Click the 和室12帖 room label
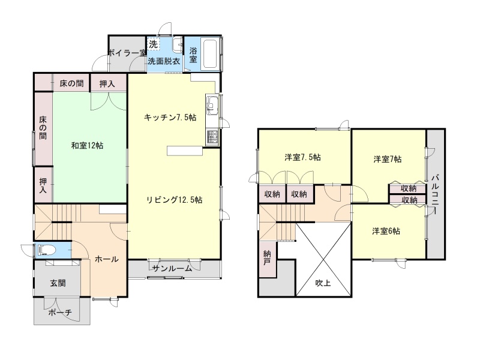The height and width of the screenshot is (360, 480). (x=87, y=145)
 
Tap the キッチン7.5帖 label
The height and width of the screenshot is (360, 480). (x=170, y=117)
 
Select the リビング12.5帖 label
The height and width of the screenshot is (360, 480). (x=174, y=200)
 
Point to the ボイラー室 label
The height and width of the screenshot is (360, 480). (x=127, y=53)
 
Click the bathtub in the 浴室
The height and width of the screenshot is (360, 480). (x=210, y=54)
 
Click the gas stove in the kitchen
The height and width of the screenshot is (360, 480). (x=212, y=137)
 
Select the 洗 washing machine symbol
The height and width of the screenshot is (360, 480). (x=153, y=44)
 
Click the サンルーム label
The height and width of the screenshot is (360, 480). (x=172, y=269)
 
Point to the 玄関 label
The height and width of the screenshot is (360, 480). (x=58, y=283)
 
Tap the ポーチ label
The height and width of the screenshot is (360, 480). (x=60, y=312)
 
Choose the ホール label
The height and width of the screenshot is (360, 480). (x=107, y=259)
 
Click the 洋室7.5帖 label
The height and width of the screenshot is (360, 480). (x=303, y=158)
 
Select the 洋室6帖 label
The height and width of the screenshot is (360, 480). (x=386, y=231)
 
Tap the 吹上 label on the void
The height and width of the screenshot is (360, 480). (x=323, y=283)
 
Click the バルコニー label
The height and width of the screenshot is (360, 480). (x=436, y=194)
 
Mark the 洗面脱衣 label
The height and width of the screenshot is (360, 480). (x=164, y=61)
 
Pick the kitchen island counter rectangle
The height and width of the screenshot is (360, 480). (x=185, y=151)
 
